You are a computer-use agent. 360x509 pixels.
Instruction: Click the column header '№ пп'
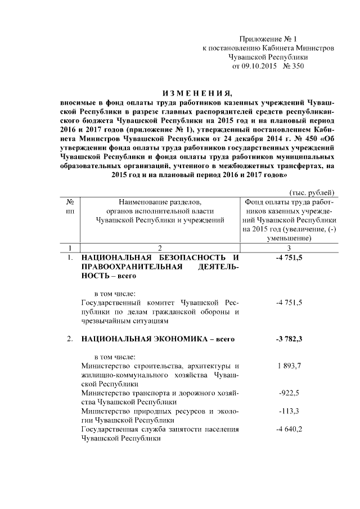point(70,206)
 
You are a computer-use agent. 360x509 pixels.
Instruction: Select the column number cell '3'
point(289,248)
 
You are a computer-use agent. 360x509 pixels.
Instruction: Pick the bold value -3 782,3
point(289,339)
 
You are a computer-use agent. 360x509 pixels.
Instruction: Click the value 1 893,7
point(289,366)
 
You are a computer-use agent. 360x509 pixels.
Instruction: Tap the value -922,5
point(289,394)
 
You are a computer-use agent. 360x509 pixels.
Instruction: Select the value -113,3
point(289,412)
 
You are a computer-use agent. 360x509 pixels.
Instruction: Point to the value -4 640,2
point(289,430)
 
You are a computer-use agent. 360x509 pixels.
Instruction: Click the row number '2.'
point(69,339)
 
